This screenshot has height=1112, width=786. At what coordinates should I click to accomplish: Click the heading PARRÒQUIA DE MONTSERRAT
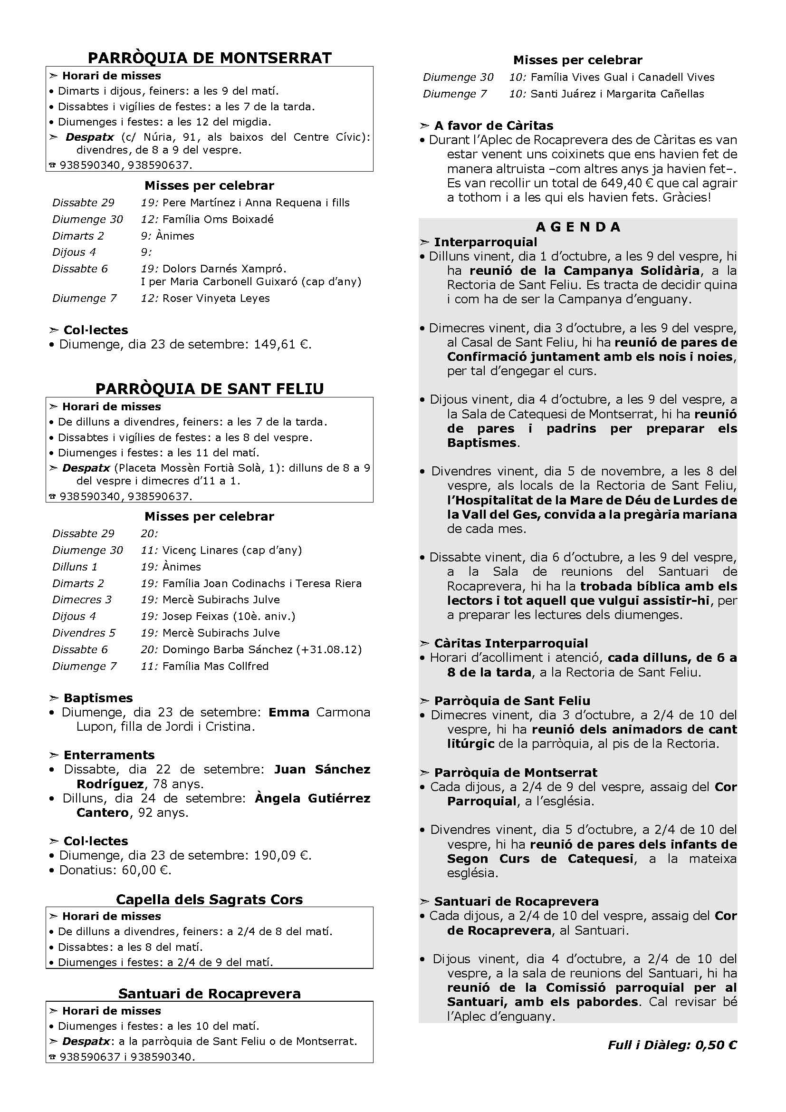pyautogui.click(x=210, y=58)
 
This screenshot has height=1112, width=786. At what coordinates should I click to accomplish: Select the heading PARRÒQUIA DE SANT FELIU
pyautogui.click(x=210, y=389)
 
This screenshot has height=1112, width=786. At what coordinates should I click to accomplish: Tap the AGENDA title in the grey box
pyautogui.click(x=578, y=227)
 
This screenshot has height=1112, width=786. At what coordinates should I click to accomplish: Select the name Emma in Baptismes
pyautogui.click(x=289, y=713)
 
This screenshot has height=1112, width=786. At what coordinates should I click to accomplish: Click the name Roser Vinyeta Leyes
pyautogui.click(x=216, y=299)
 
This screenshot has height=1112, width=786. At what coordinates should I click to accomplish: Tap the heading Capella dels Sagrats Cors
pyautogui.click(x=210, y=899)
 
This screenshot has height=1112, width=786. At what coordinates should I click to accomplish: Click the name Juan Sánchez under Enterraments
pyautogui.click(x=322, y=770)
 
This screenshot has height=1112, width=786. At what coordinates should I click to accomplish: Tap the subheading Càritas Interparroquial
pyautogui.click(x=510, y=643)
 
